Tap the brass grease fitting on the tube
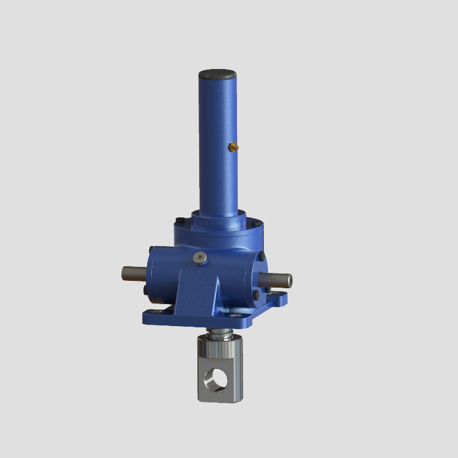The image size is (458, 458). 233,147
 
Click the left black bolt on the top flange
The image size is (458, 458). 178,221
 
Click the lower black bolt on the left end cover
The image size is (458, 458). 145,291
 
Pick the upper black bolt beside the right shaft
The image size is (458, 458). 261,256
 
